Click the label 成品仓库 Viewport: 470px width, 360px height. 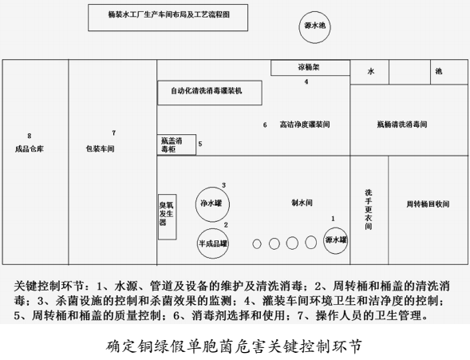coord(30,148)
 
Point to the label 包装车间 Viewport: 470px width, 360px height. coord(100,148)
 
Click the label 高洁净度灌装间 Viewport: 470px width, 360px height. coord(305,125)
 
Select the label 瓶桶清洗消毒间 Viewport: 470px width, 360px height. coord(402,125)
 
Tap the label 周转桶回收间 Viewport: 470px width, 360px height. coord(428,204)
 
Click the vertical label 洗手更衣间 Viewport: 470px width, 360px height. coord(369,209)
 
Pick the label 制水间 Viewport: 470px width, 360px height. coord(302,203)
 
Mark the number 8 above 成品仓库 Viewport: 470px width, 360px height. coord(29,136)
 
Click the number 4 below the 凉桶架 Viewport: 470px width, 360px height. coord(306,81)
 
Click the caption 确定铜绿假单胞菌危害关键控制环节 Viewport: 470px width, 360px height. coord(234,346)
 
